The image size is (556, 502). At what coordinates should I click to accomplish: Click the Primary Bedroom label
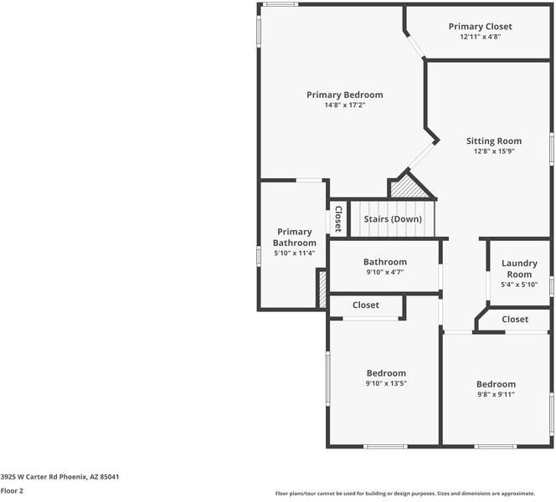pyautogui.click(x=344, y=95)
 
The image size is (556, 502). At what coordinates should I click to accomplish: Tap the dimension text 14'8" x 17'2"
pyautogui.click(x=344, y=105)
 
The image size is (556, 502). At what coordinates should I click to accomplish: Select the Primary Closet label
pyautogui.click(x=480, y=26)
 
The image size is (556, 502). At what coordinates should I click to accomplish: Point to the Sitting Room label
pyautogui.click(x=494, y=141)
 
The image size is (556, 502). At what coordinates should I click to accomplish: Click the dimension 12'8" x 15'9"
pyautogui.click(x=494, y=151)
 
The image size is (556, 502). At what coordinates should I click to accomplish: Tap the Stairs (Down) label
pyautogui.click(x=393, y=219)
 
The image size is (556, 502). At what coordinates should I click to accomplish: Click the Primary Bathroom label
pyautogui.click(x=295, y=237)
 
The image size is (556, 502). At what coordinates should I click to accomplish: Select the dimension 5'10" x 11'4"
pyautogui.click(x=295, y=253)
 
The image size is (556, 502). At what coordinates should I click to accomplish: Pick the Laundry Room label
pyautogui.click(x=519, y=269)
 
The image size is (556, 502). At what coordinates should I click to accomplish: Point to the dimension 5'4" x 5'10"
pyautogui.click(x=519, y=284)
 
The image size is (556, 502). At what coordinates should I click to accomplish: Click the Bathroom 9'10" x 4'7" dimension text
pyautogui.click(x=385, y=272)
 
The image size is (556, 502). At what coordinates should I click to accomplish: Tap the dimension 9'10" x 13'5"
pyautogui.click(x=386, y=383)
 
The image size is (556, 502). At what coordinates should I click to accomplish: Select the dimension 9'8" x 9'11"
pyautogui.click(x=496, y=394)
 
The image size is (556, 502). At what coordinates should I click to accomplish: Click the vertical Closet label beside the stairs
pyautogui.click(x=338, y=219)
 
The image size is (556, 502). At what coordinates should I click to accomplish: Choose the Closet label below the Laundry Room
pyautogui.click(x=515, y=319)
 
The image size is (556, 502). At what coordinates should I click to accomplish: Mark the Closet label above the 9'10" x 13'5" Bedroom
pyautogui.click(x=366, y=305)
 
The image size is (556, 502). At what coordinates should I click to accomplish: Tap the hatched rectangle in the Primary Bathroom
pyautogui.click(x=321, y=288)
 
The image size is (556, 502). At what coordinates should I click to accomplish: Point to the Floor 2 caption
pyautogui.click(x=12, y=491)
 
